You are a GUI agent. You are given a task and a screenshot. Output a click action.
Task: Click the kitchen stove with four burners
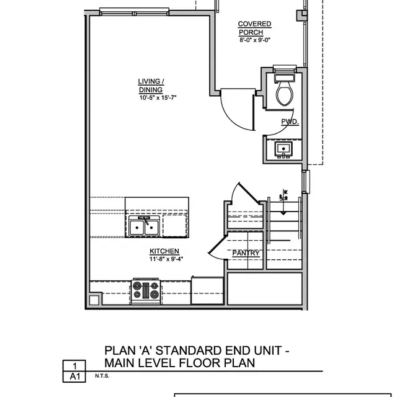pos(146,290)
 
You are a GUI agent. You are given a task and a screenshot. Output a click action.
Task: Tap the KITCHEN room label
pos(164,251)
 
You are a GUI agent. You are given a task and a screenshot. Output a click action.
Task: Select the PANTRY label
pos(246,253)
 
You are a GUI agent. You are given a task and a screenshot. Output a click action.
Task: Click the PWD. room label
pos(290,123)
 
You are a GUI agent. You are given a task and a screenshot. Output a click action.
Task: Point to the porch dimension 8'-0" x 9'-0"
pos(255,40)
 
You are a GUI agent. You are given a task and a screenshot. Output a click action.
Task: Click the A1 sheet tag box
pos(74,377)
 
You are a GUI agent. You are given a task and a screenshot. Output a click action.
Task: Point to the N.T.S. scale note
pos(102,376)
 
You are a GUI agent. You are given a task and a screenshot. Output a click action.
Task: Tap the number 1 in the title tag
pos(74,366)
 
